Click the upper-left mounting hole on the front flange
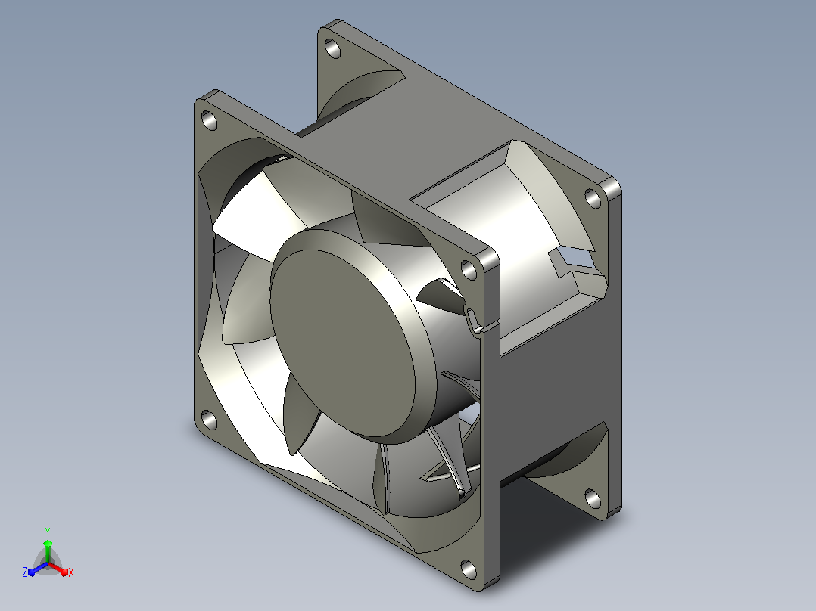[209, 121]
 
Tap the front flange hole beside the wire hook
[469, 271]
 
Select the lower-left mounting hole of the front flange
[209, 420]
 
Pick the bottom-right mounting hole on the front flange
[469, 569]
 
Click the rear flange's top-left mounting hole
[332, 49]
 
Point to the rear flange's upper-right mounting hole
[593, 198]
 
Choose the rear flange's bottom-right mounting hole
[593, 498]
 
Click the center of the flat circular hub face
[343, 343]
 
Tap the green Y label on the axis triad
[48, 532]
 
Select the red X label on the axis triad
[71, 572]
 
